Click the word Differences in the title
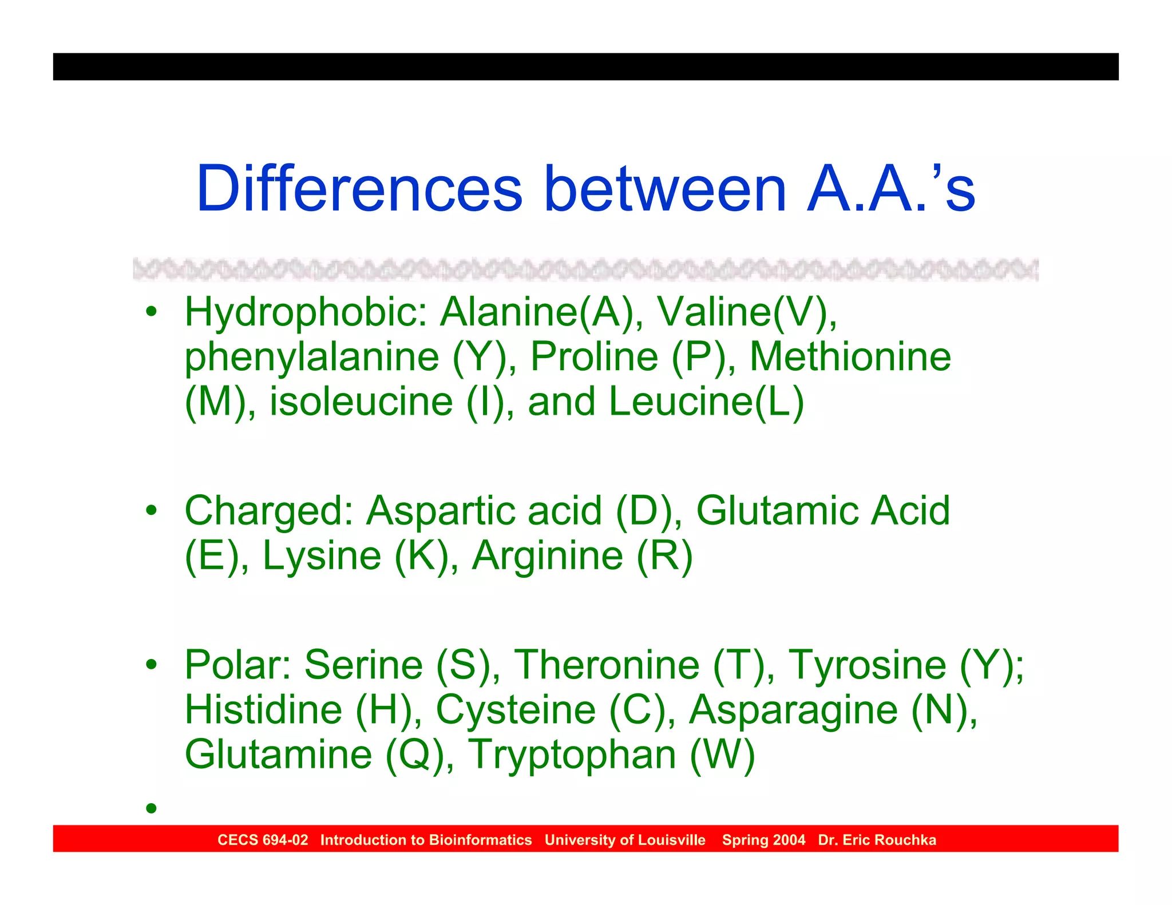[x=359, y=189]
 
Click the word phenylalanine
[x=311, y=357]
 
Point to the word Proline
[x=594, y=357]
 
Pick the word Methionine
[x=850, y=357]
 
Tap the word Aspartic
[x=443, y=510]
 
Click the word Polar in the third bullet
[x=239, y=665]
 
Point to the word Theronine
[x=607, y=665]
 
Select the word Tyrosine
[x=867, y=665]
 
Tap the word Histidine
[x=263, y=709]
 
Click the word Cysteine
[x=516, y=709]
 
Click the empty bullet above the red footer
[x=151, y=808]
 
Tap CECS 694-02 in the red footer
[x=263, y=840]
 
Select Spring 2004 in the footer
[x=763, y=840]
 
